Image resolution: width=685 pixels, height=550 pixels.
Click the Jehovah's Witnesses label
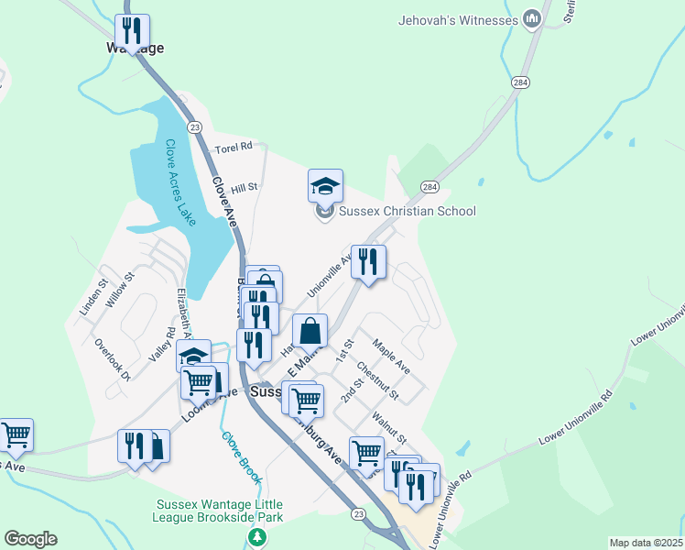pyautogui.click(x=458, y=19)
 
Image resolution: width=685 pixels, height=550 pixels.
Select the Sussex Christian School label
pyautogui.click(x=408, y=211)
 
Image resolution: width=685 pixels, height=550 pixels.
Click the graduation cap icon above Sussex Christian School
pyautogui.click(x=325, y=187)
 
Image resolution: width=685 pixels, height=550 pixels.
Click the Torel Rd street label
pyautogui.click(x=233, y=147)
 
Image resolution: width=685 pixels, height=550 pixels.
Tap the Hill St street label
pyautogui.click(x=245, y=187)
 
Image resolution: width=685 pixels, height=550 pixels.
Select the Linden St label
pyautogui.click(x=93, y=297)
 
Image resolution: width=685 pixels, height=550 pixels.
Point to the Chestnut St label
pyautogui.click(x=377, y=381)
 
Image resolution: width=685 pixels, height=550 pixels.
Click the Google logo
pyautogui.click(x=29, y=539)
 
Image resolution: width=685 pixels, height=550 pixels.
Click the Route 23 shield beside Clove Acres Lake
pyautogui.click(x=195, y=126)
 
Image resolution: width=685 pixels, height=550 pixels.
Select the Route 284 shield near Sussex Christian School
pyautogui.click(x=429, y=186)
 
